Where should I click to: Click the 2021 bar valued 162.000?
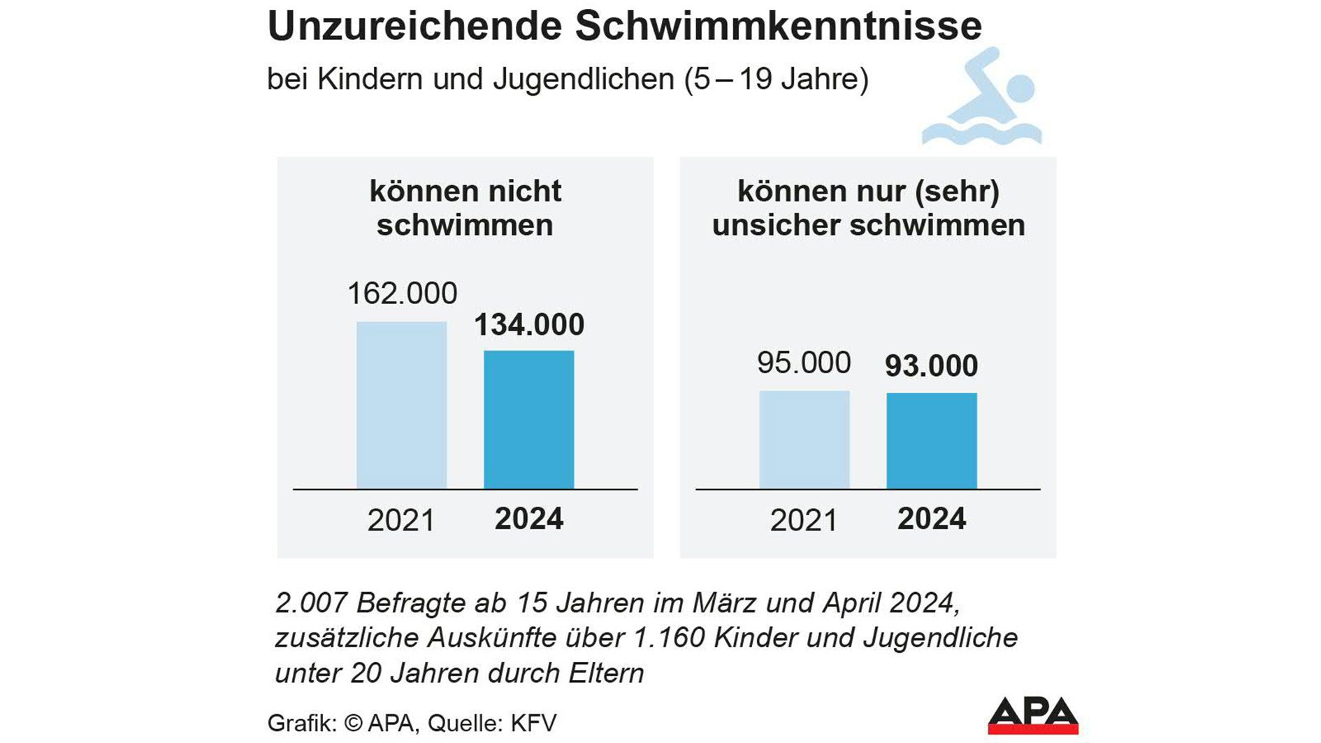click(401, 405)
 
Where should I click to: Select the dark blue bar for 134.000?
click(528, 419)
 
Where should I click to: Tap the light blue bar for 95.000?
click(804, 440)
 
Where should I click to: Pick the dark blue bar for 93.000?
click(931, 440)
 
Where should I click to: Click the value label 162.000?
click(402, 294)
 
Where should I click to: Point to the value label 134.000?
click(529, 325)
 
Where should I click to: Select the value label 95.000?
click(804, 363)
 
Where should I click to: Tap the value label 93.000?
click(931, 366)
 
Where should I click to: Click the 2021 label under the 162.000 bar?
click(401, 521)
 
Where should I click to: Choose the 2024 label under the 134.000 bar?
click(529, 519)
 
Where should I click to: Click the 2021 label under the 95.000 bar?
click(804, 521)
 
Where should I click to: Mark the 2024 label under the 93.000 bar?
click(932, 519)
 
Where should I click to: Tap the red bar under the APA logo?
click(1033, 730)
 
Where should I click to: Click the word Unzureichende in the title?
click(414, 27)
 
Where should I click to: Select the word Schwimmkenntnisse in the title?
click(778, 27)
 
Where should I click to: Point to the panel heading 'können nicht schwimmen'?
click(465, 208)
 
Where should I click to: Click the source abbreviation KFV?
click(533, 723)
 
